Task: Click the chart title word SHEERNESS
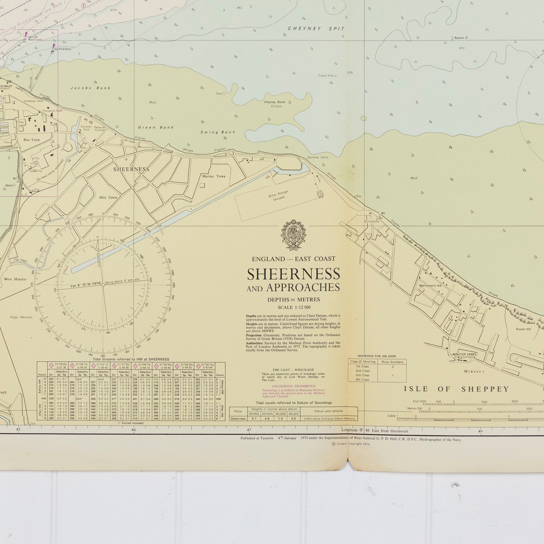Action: point(293,274)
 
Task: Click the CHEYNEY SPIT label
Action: point(316,28)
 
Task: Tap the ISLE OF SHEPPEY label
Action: point(456,389)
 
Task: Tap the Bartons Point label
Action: point(319,157)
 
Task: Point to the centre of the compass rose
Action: point(103,284)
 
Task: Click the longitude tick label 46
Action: point(134,430)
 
